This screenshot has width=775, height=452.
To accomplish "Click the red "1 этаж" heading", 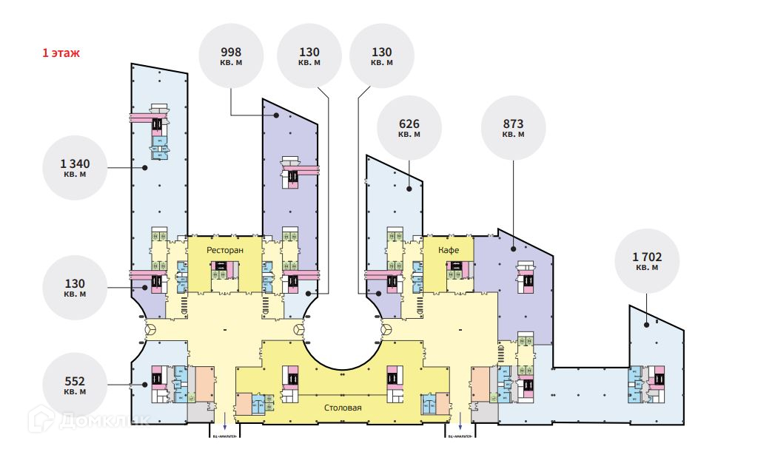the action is [61, 53].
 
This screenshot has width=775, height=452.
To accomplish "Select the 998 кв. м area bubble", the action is [232, 56].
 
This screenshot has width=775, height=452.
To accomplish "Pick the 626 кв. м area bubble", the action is [409, 129].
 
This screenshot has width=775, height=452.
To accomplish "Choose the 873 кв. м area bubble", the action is [514, 129].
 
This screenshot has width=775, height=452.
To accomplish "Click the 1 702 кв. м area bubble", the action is [646, 262].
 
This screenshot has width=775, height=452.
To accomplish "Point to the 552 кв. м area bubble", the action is [76, 386].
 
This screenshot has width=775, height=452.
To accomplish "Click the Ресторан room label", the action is [225, 251].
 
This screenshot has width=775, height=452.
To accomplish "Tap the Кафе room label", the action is [449, 251].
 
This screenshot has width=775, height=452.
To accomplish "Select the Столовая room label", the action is [343, 408].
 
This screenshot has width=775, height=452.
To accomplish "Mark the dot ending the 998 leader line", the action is [276, 115].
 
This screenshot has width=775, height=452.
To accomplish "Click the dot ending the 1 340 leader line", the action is [146, 168].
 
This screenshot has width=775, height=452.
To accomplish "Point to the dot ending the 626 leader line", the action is [409, 189].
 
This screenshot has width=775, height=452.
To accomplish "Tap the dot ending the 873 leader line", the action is [513, 249].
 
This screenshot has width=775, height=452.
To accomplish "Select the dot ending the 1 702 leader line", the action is [646, 323].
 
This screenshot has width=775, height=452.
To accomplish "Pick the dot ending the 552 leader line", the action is [144, 383].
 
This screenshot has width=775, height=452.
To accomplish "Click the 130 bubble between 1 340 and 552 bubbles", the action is [76, 288].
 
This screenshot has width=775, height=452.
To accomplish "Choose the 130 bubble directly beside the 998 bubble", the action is [309, 56].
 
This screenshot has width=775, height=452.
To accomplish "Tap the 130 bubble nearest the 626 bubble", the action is [381, 56].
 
